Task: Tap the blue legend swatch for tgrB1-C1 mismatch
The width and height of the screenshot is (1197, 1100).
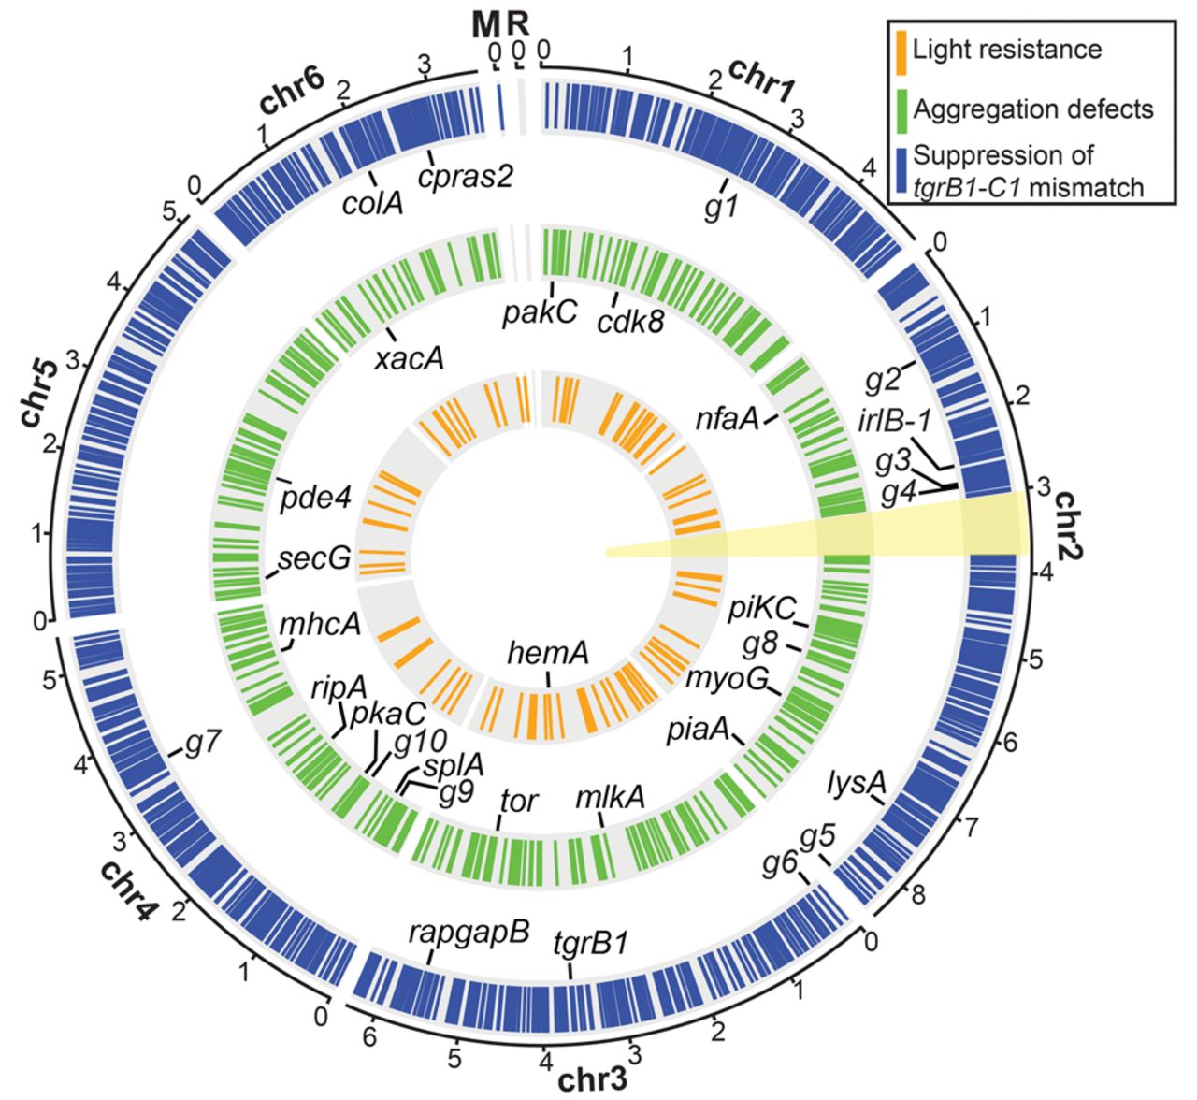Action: [899, 170]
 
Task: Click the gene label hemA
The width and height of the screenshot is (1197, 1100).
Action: [547, 653]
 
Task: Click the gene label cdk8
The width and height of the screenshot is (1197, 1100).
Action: [631, 322]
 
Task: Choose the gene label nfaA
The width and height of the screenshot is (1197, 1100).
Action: [726, 418]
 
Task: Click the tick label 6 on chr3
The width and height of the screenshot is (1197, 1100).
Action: [370, 1036]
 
